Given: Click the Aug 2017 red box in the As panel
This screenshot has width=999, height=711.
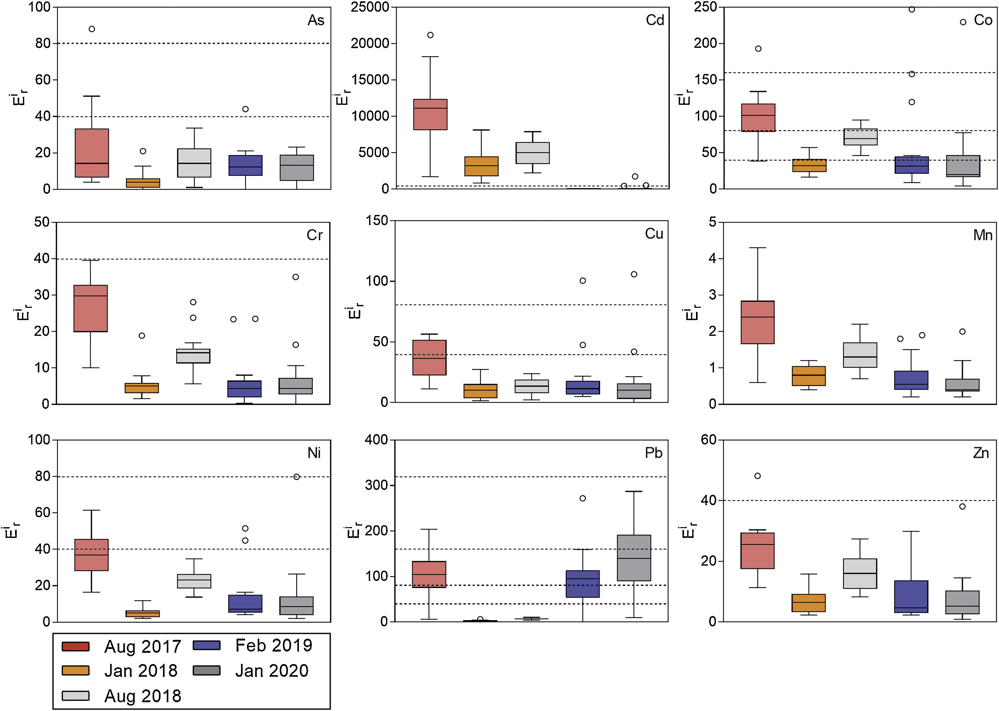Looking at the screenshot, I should coord(92,153).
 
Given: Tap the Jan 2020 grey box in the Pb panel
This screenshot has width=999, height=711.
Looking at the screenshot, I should coord(634,557).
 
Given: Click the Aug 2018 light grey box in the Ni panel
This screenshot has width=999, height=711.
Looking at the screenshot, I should coord(194,581).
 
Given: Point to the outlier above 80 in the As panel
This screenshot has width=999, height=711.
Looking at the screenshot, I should coord(92,29).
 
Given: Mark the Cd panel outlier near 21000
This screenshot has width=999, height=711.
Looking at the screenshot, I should coord(430,35).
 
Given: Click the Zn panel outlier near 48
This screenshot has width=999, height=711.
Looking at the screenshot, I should coord(757,476).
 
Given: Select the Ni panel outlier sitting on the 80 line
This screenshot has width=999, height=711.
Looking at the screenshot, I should coord(297,477).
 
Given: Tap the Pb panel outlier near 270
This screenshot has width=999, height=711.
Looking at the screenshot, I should coord(582,498).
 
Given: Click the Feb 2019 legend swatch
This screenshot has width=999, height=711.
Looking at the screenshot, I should coord(206,645).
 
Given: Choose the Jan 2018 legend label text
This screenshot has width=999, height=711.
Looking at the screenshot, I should coord(141,671).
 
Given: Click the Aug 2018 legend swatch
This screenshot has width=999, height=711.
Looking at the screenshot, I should coord(76,696).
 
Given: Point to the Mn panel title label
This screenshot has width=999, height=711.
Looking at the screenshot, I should coord(982,235).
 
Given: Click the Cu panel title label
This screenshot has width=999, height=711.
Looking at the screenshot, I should coord(654,234).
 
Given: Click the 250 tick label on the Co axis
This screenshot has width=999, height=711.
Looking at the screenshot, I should coord(705,7).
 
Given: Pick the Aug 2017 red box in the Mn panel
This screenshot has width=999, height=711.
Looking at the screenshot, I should coord(757,322).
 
